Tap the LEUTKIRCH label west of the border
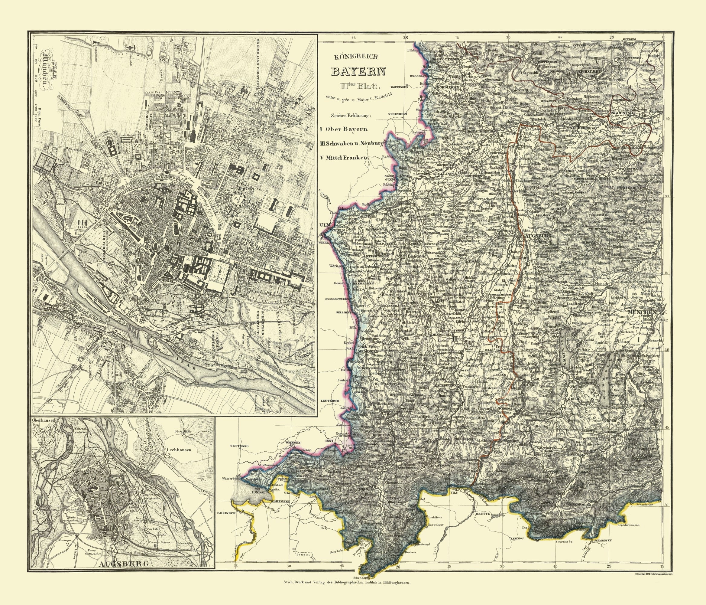pos(330,401)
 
